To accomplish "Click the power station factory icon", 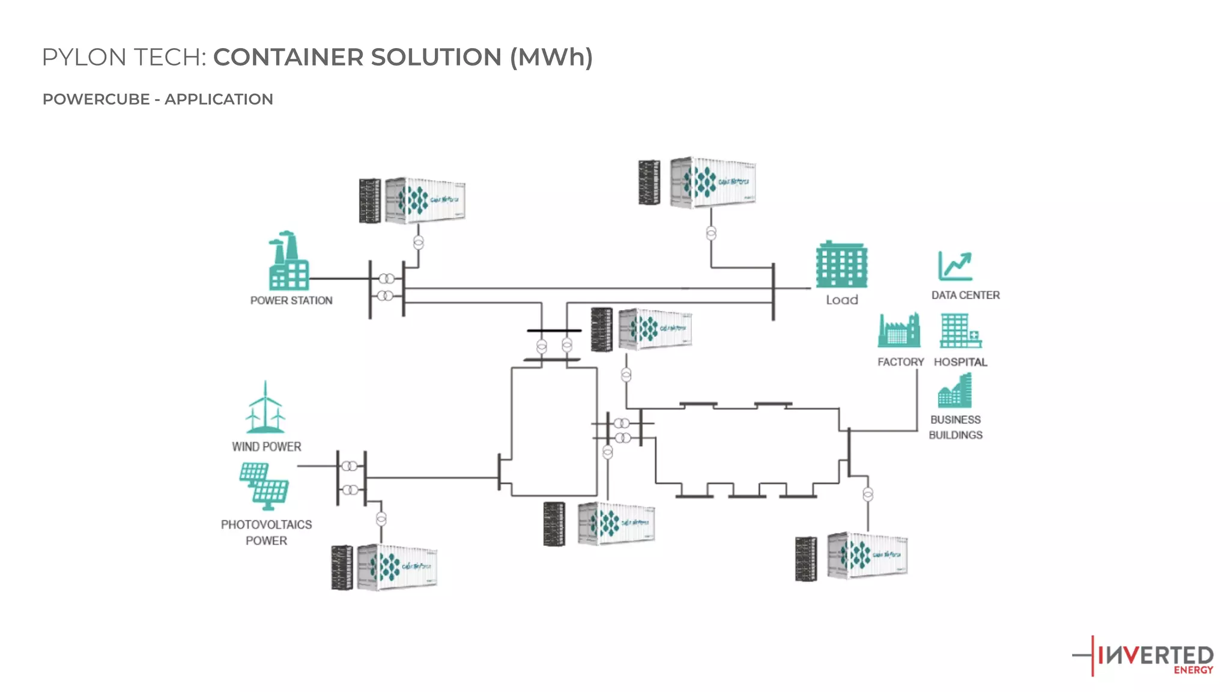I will (x=288, y=262).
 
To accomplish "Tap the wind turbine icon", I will (x=265, y=408).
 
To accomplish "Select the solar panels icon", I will (x=264, y=485).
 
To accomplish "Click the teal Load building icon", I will (x=841, y=265).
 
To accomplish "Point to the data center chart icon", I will (x=955, y=266).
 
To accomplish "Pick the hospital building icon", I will (x=960, y=330).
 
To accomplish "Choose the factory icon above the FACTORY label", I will (x=899, y=330).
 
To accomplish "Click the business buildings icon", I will (x=955, y=391).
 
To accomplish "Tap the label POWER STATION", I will (x=291, y=300).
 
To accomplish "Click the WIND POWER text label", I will (x=267, y=447).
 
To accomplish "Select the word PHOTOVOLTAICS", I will (x=266, y=524).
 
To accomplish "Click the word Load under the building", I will (x=842, y=300).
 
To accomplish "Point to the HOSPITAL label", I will (x=960, y=362).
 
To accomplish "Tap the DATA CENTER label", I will (x=965, y=295).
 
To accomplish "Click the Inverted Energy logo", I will (x=1144, y=657).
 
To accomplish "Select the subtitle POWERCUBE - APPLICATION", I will (x=157, y=99).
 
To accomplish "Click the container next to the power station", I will (x=425, y=201).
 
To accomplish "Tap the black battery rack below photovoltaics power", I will (x=342, y=568).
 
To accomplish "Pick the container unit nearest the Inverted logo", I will (x=867, y=556).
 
